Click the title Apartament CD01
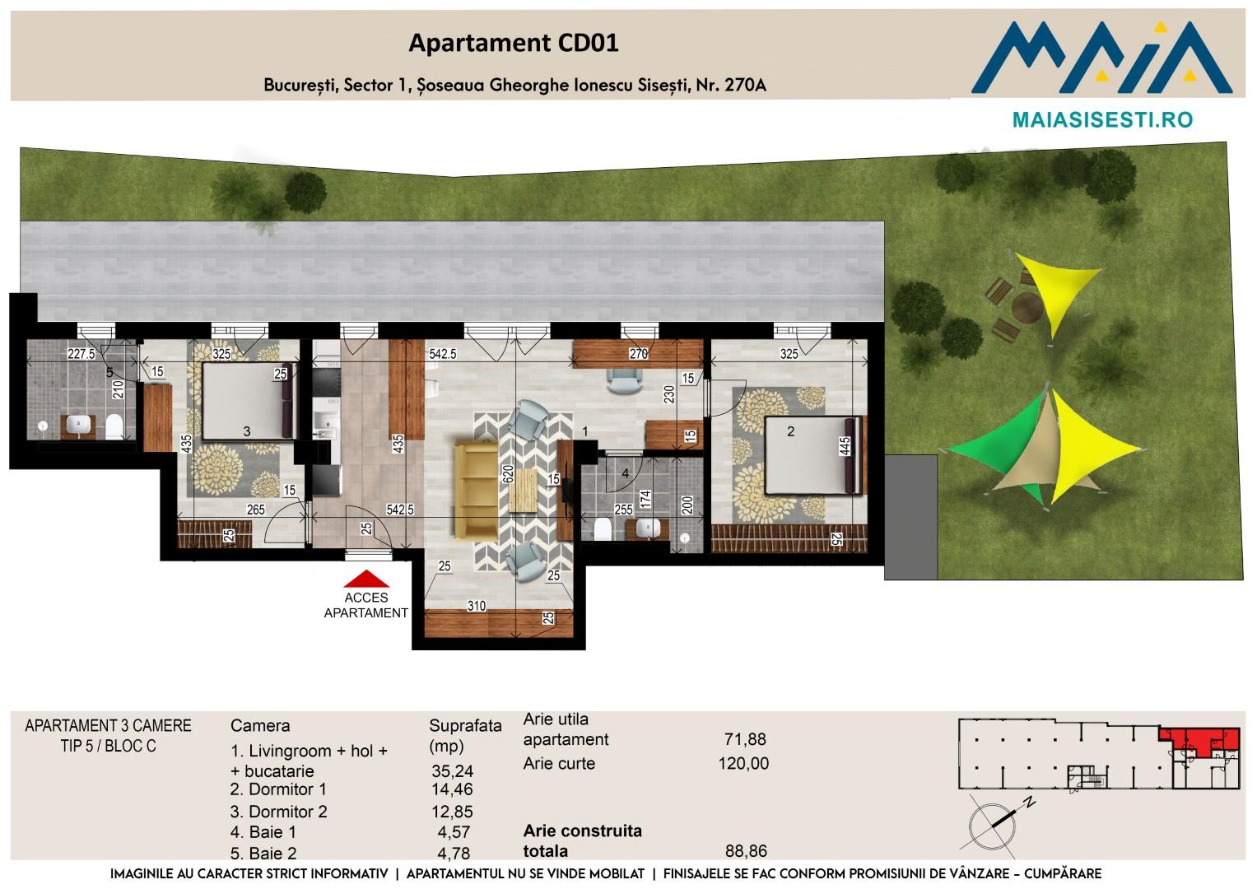click(x=514, y=43)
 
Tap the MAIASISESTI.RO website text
click(x=1103, y=119)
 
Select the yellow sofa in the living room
click(x=477, y=491)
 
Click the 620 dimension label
click(x=508, y=475)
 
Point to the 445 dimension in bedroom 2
click(x=845, y=446)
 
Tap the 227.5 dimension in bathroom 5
click(x=81, y=354)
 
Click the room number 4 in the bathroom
click(x=625, y=473)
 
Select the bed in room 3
click(x=249, y=401)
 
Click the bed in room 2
click(x=813, y=455)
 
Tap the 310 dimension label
click(x=477, y=606)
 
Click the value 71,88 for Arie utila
click(x=745, y=739)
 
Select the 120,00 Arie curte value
click(x=743, y=763)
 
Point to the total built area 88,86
click(x=746, y=851)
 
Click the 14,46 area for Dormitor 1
click(x=452, y=789)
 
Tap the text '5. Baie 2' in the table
click(x=263, y=853)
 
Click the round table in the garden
click(x=1027, y=307)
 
